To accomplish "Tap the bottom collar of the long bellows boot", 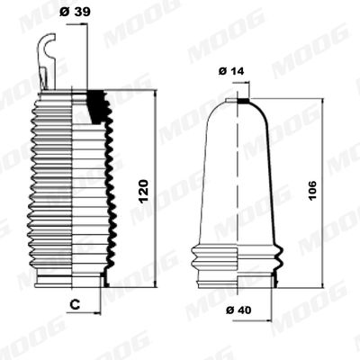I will point(70,277).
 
